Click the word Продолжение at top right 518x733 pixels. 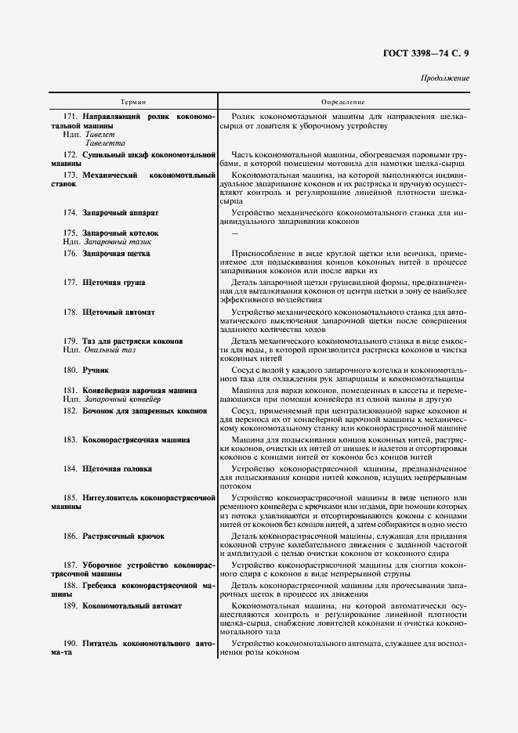pyautogui.click(x=445, y=78)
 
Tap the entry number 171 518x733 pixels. pyautogui.click(x=71, y=117)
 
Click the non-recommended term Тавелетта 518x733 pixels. pyautogui.click(x=106, y=143)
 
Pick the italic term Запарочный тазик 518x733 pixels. pyautogui.click(x=118, y=243)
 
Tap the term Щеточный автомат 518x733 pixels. pyautogui.click(x=118, y=312)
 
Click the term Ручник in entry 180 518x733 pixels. pyautogui.click(x=96, y=370)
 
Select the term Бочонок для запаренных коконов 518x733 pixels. pyautogui.click(x=144, y=410)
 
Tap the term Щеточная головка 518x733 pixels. pyautogui.click(x=117, y=469)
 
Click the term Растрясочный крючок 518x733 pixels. pyautogui.click(x=122, y=536)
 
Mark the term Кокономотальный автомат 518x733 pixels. pyautogui.click(x=132, y=605)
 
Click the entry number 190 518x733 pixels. pyautogui.click(x=71, y=643)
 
